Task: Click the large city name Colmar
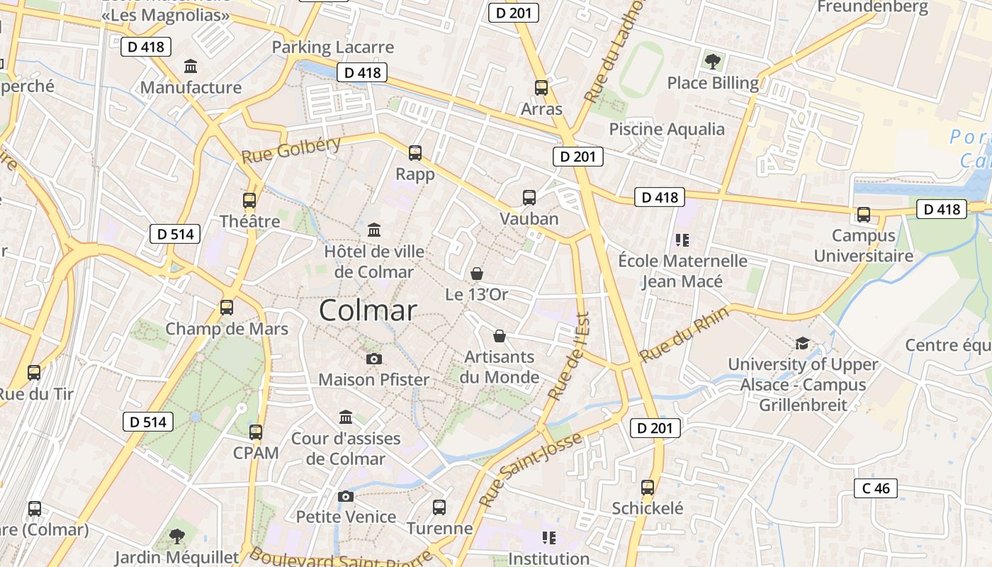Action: point(368,310)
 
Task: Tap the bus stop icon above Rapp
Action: point(415,152)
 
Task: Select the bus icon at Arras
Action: point(541,88)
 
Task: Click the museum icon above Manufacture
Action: point(191,67)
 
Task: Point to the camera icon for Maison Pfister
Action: point(374,359)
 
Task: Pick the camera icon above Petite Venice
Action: point(345,496)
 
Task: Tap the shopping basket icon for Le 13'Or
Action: point(477,273)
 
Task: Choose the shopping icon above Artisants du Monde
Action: point(500,335)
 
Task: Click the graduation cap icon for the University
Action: point(802,343)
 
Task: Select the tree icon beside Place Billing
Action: point(712,62)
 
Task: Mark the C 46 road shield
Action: point(876,488)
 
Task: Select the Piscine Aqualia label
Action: point(667,129)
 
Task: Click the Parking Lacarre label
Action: point(332,47)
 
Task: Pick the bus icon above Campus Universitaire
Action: point(863,214)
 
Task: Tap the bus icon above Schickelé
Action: point(648,488)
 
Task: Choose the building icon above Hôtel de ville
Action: point(374,230)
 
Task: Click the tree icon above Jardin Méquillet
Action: point(177,536)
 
